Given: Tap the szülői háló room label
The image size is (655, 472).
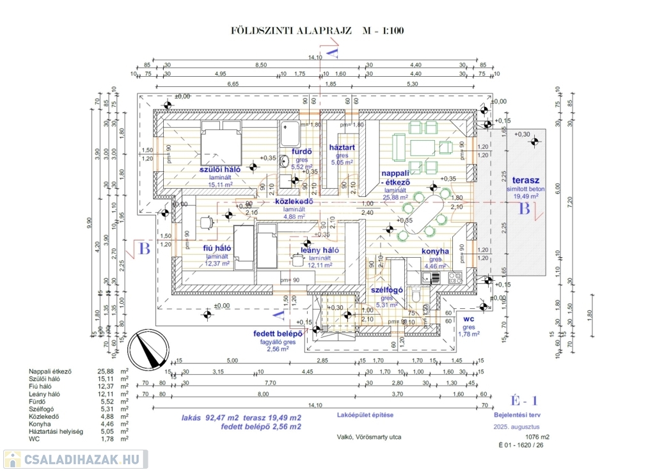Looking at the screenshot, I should click(219, 169).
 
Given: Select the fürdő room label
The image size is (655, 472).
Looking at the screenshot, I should click(301, 152).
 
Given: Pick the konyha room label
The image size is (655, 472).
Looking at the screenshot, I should click(436, 251).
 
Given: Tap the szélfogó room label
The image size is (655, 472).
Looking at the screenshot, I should click(386, 290).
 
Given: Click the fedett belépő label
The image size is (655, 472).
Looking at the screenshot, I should click(278, 333).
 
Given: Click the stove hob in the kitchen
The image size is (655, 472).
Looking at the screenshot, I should click(455, 278).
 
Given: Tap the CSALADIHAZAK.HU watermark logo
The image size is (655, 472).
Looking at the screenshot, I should click(74, 459).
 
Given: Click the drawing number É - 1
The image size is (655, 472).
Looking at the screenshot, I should click(523, 401).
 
